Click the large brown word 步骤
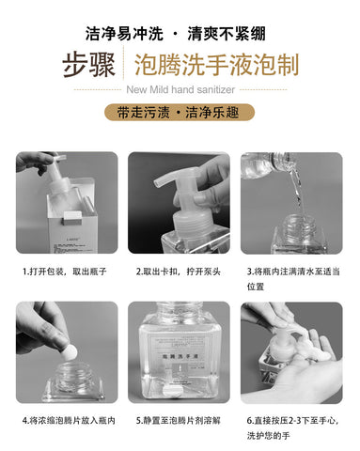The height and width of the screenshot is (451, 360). tap(89, 66)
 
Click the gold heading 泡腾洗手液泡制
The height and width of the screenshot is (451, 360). tap(216, 65)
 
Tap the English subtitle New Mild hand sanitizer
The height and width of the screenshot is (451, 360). tap(180, 90)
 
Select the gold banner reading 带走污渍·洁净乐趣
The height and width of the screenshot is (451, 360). tap(180, 113)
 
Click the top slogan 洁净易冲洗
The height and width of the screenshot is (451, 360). tap(124, 33)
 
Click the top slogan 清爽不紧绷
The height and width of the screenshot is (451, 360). tap(227, 33)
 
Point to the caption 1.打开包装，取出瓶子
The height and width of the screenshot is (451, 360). tap(65, 272)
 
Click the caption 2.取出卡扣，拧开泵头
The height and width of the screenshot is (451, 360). tap(179, 272)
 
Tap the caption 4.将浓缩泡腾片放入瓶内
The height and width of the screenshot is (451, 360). tap(69, 420)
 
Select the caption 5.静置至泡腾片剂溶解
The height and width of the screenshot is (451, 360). tap(179, 420)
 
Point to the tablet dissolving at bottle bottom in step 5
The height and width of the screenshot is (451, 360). tap(171, 391)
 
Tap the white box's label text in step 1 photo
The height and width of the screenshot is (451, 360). tap(70, 245)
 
